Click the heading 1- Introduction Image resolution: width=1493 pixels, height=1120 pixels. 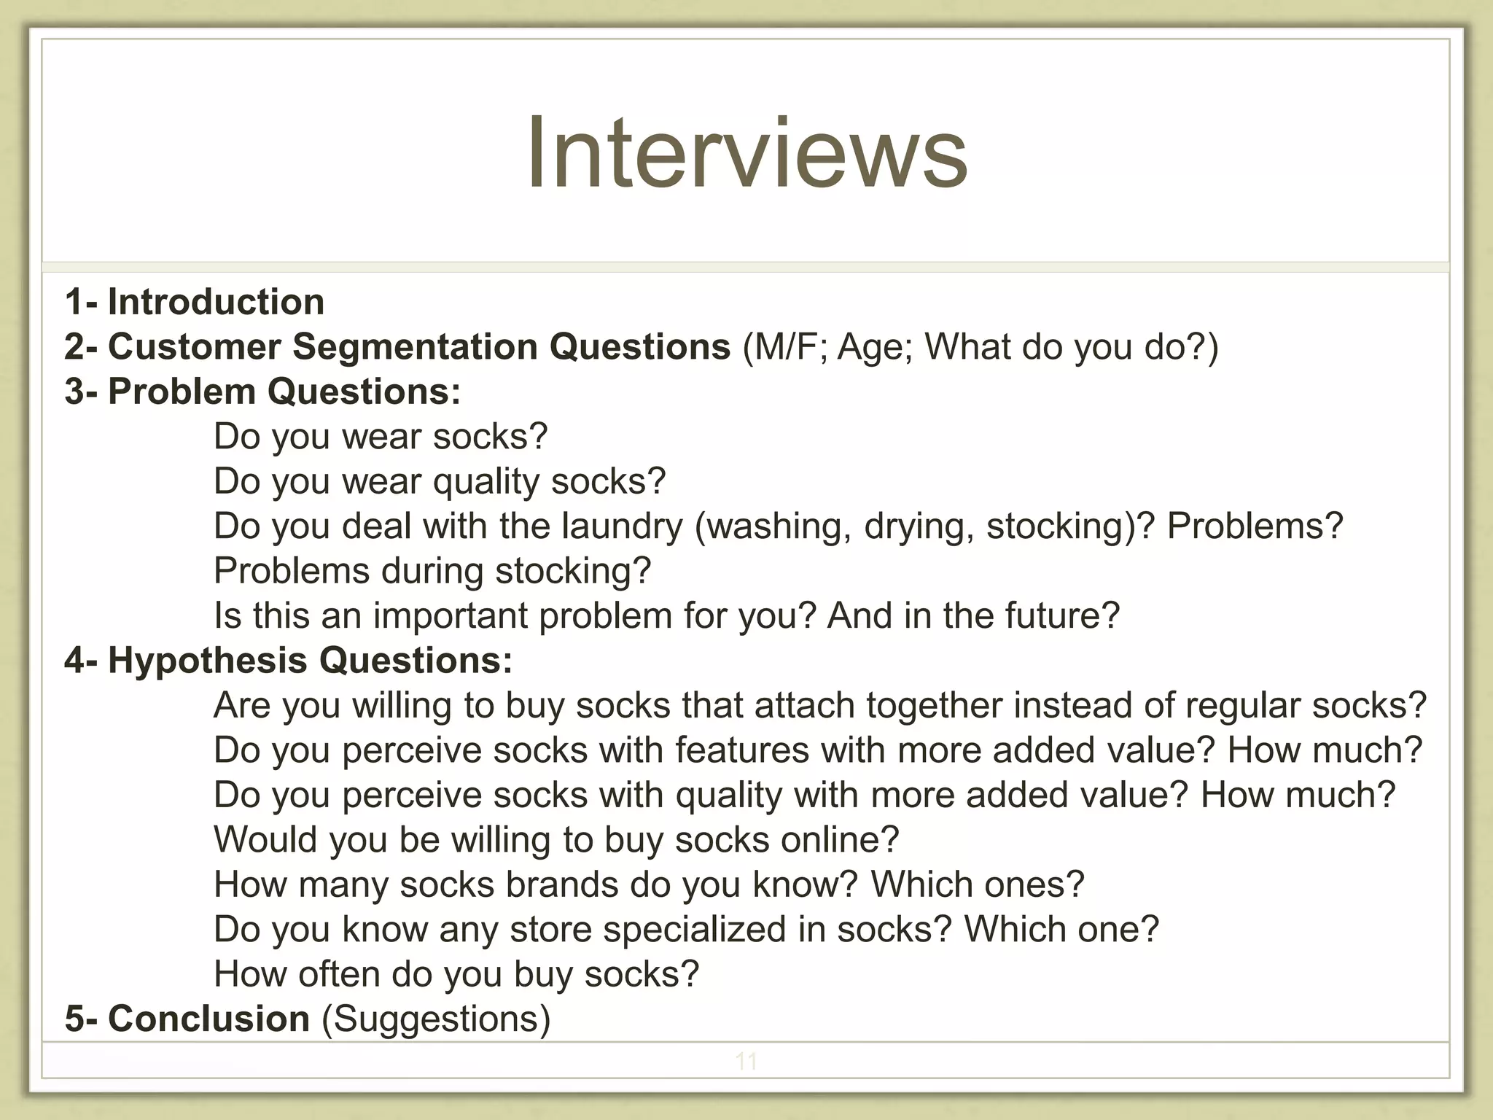click(195, 302)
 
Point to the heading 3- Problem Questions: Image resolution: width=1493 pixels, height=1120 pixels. click(262, 392)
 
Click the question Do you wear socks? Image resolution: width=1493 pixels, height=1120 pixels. click(380, 437)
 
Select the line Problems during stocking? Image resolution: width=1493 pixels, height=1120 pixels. click(432, 571)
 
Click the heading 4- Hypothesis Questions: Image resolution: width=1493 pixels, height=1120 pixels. click(289, 661)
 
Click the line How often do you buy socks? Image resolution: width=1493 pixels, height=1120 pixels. click(456, 974)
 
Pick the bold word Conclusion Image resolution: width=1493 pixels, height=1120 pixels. click(209, 1019)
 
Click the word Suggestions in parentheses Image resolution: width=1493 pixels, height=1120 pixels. click(436, 1019)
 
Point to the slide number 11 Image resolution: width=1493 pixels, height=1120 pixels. click(746, 1061)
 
